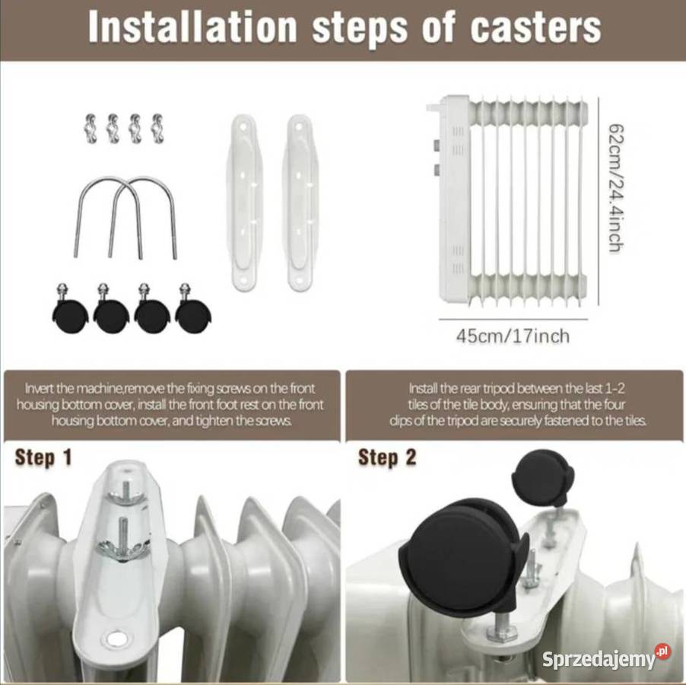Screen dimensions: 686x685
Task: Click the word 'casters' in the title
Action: point(535,27)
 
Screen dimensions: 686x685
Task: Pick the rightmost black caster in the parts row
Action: point(193,309)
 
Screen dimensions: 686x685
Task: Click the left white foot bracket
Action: point(243,202)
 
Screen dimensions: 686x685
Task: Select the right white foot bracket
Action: point(301,202)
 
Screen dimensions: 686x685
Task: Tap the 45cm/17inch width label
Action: point(513,336)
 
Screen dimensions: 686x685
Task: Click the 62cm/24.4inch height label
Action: point(617,188)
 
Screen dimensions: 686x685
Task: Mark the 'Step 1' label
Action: point(43,458)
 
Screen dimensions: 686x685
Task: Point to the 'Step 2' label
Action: point(387,458)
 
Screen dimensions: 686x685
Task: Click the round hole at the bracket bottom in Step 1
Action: point(116,637)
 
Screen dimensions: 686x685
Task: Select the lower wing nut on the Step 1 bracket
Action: point(124,546)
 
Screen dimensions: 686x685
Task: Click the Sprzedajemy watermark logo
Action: point(606,658)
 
